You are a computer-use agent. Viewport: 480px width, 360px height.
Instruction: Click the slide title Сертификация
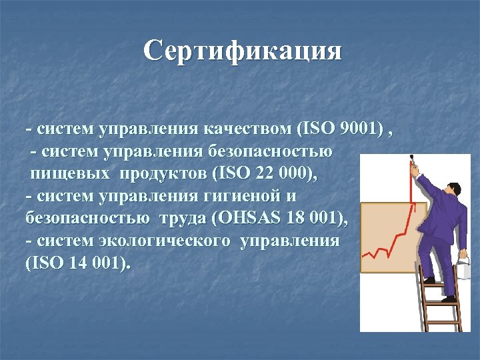(x=243, y=51)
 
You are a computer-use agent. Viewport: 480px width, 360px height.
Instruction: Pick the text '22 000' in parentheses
(x=273, y=174)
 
